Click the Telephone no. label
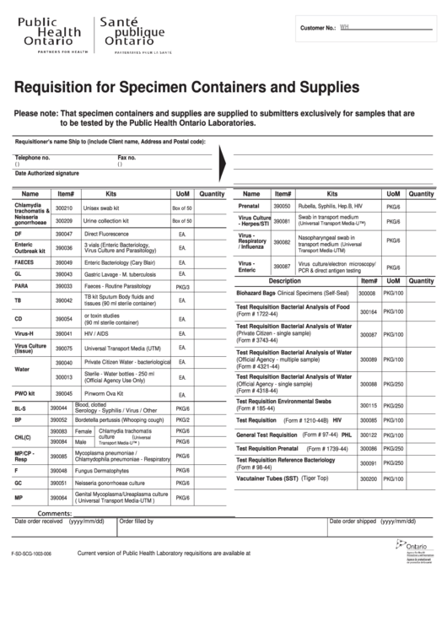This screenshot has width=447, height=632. tap(33, 158)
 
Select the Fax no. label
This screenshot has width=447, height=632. tap(127, 158)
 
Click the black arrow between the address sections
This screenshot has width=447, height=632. tap(222, 159)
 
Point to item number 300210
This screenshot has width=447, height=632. tap(65, 208)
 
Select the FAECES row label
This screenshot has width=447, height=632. tap(24, 262)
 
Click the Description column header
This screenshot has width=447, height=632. tap(284, 281)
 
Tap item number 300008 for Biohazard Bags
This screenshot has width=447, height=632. tap(367, 293)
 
